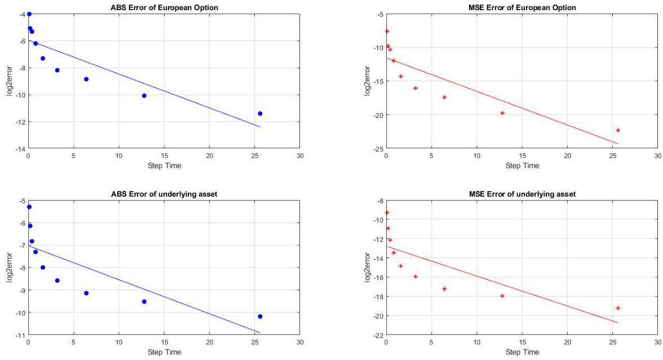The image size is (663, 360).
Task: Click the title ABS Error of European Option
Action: (163, 7)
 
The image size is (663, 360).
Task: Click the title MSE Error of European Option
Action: (521, 7)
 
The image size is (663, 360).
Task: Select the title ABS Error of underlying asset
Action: (163, 194)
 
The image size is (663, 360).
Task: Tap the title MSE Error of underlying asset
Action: (521, 194)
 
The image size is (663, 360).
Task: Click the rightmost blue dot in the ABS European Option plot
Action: (260, 114)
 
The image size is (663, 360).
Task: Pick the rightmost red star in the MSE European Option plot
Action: (618, 130)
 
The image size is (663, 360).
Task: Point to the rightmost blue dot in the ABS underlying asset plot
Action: (260, 317)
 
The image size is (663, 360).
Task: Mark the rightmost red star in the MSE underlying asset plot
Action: (618, 308)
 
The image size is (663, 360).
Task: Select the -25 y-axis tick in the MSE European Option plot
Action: (377, 149)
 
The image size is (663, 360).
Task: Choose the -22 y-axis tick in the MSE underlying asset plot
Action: (377, 335)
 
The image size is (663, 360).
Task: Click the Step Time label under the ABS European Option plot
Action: (164, 166)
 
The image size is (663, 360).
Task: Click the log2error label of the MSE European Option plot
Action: (367, 81)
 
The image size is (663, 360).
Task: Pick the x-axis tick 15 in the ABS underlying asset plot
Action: (164, 342)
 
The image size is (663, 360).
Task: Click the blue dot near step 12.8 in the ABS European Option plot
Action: (144, 96)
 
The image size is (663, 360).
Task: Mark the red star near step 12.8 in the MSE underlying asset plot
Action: (502, 296)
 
